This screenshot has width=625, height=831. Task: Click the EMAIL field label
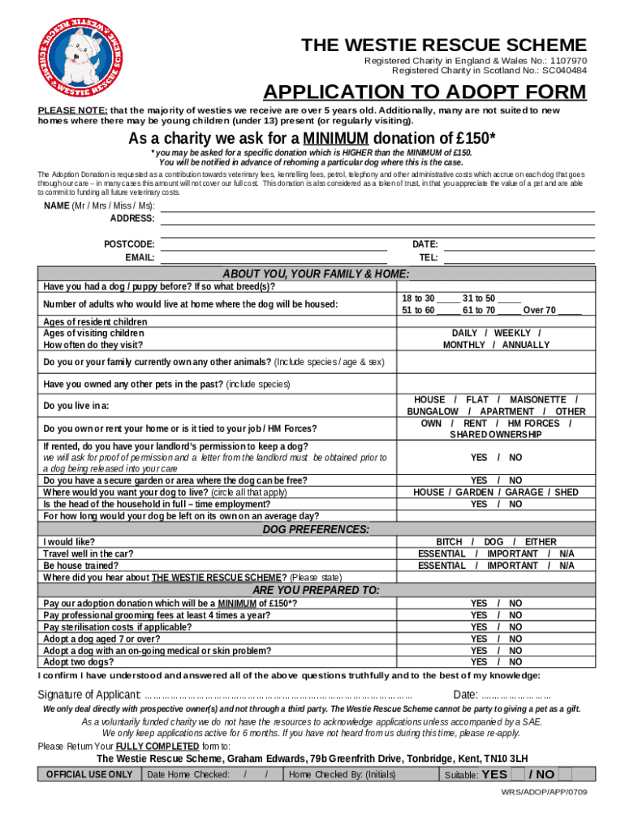click(140, 257)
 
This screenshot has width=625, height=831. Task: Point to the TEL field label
click(429, 257)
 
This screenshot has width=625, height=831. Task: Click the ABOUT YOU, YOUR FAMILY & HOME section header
click(316, 273)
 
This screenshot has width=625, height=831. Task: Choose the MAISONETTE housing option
click(537, 400)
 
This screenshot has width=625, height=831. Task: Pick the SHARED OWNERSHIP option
click(495, 435)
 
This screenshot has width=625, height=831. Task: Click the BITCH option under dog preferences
click(449, 542)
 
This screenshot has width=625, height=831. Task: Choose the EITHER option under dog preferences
click(541, 542)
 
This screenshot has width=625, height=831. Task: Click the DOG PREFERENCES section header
click(316, 529)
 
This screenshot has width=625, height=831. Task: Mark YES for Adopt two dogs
click(479, 662)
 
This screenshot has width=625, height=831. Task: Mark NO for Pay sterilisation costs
click(515, 627)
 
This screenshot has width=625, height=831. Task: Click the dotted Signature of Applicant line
click(278, 695)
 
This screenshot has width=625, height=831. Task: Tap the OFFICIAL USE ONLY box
click(89, 774)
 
